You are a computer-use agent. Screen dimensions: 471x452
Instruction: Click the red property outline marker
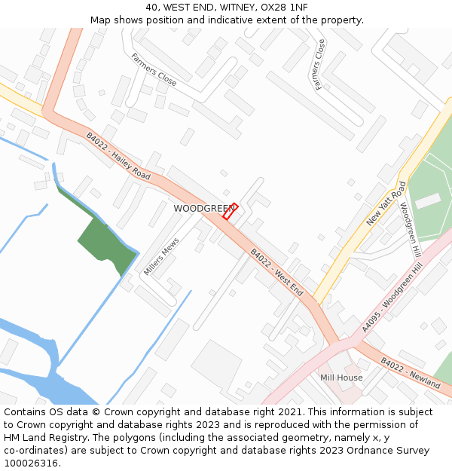230,211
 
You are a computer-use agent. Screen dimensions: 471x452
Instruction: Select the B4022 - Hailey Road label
118,157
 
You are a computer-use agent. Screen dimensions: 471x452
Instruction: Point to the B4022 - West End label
276,272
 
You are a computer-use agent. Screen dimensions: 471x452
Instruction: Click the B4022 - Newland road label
410,373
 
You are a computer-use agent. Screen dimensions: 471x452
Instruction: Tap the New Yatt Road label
386,203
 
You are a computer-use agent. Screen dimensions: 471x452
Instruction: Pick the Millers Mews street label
162,256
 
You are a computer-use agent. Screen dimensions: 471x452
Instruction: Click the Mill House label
341,378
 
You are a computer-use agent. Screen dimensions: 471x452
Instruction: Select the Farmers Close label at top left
154,69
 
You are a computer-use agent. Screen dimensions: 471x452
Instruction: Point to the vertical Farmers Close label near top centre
320,65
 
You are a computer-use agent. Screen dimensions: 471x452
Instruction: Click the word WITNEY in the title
234,7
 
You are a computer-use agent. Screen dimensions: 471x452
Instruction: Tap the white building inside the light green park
428,200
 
